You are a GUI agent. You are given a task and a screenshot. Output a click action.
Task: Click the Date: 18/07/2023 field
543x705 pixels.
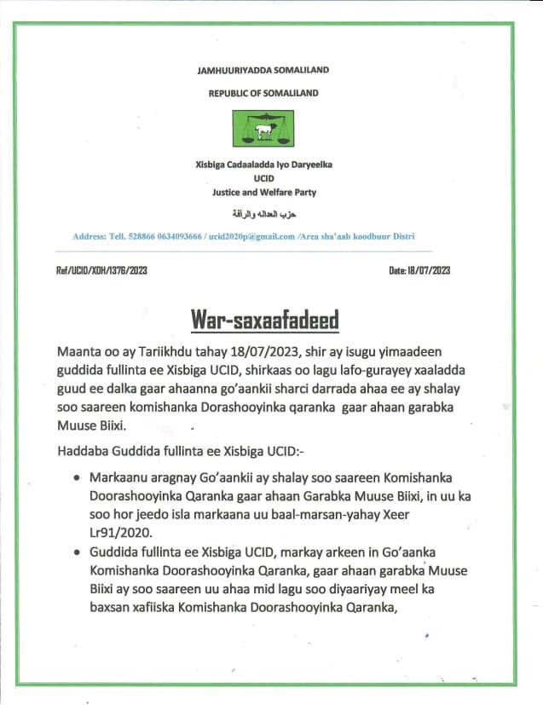(419, 271)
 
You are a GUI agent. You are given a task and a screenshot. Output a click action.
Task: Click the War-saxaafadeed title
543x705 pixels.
(264, 320)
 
